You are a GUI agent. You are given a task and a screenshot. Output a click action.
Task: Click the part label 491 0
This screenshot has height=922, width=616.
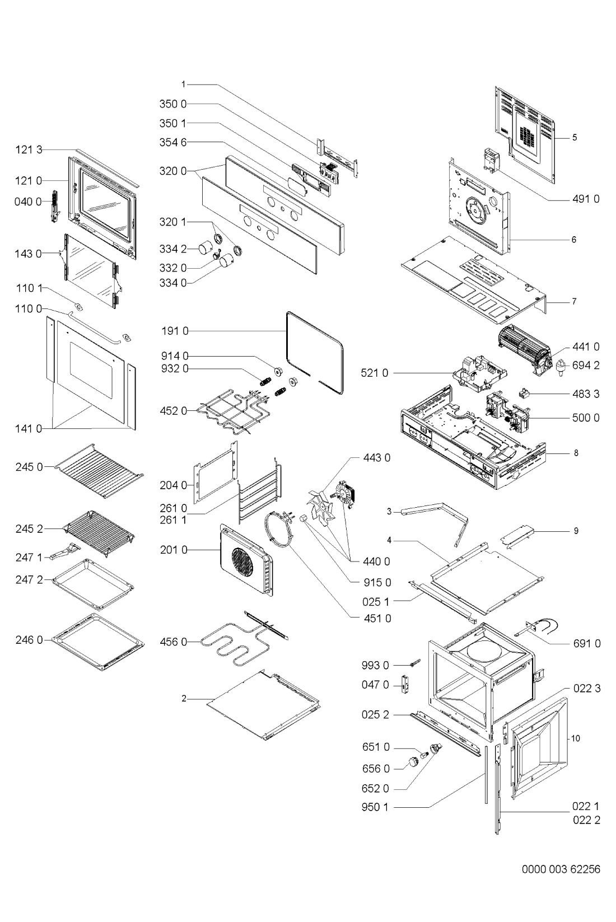point(586,199)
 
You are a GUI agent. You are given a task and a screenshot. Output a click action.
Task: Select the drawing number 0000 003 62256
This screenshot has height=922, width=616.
point(561,869)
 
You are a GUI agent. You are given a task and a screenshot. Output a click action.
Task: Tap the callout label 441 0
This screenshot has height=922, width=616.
point(586,347)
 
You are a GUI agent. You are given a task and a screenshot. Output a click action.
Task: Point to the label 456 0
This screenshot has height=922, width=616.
point(174,642)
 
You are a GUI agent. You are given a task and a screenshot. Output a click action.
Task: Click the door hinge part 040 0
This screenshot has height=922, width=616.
point(55,206)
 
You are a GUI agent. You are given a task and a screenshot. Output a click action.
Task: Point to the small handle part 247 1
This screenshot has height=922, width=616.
point(66,551)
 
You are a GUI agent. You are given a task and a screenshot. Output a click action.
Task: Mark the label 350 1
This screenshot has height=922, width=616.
point(173,124)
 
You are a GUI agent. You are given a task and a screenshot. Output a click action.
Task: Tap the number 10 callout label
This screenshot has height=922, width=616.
point(575,738)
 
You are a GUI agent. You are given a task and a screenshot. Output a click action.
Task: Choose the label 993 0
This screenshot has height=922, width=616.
point(375,666)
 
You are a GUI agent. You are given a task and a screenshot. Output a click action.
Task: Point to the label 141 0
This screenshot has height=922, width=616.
point(29,429)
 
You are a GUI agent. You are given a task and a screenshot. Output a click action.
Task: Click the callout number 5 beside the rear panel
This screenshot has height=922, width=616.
point(575,138)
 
